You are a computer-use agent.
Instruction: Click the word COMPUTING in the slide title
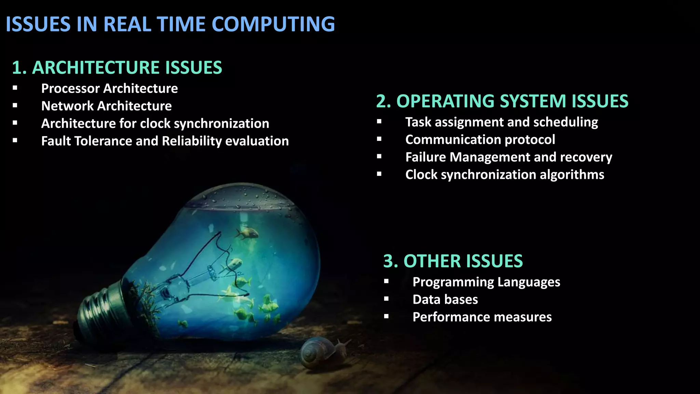pyautogui.click(x=273, y=24)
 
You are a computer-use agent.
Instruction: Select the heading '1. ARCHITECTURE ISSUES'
pyautogui.click(x=117, y=67)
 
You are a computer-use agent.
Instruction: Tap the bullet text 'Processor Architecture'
pyautogui.click(x=109, y=89)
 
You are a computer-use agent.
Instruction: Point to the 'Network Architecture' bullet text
pyautogui.click(x=106, y=106)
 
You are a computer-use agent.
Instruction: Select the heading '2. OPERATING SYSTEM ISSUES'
pyautogui.click(x=502, y=101)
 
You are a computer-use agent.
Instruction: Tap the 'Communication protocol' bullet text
pyautogui.click(x=480, y=140)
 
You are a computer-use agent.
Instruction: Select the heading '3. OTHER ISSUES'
pyautogui.click(x=453, y=261)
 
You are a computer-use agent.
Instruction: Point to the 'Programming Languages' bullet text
pyautogui.click(x=486, y=282)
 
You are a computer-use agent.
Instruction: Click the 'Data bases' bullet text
pyautogui.click(x=445, y=300)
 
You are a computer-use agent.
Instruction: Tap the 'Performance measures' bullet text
pyautogui.click(x=482, y=317)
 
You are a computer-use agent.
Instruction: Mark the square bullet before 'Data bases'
pyautogui.click(x=386, y=299)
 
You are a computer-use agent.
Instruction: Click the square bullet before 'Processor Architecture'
pyautogui.click(x=15, y=88)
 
